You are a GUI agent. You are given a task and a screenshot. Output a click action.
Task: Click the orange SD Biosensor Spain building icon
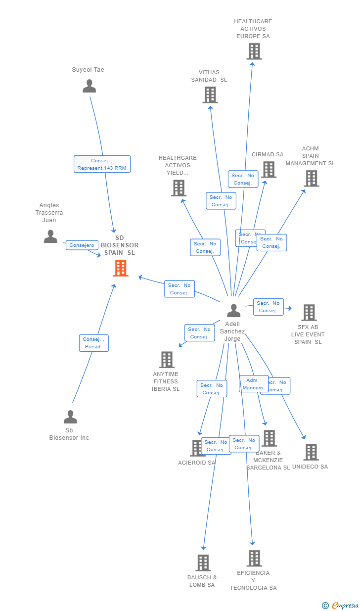[121, 268]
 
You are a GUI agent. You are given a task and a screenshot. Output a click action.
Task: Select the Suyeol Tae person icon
[89, 86]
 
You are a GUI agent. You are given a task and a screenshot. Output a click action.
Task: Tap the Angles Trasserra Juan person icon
[50, 236]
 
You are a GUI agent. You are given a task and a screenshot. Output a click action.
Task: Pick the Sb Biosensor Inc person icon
[70, 417]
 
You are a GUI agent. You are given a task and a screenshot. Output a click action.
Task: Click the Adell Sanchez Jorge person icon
[233, 311]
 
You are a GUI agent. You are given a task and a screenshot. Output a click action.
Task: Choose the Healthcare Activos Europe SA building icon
[254, 51]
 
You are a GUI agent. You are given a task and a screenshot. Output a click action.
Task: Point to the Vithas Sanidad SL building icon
[210, 94]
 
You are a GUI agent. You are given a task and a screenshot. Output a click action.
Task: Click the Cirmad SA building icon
[269, 169]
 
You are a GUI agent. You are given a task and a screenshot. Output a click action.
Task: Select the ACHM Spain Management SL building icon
[311, 178]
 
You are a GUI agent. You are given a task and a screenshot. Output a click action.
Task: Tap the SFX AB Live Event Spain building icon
[309, 313]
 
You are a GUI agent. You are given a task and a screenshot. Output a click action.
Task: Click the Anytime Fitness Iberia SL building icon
[167, 360]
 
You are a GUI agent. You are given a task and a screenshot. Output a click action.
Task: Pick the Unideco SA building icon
[311, 452]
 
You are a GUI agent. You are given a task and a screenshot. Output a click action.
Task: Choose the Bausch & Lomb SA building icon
[203, 563]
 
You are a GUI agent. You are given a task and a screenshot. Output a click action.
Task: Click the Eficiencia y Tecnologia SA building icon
[254, 558]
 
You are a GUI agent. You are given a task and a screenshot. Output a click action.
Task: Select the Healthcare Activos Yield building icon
[179, 188]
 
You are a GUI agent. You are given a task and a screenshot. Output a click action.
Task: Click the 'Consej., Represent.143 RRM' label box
[102, 164]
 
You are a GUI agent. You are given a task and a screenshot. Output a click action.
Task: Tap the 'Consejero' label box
[82, 245]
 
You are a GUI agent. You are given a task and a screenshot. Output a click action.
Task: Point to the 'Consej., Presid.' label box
[93, 343]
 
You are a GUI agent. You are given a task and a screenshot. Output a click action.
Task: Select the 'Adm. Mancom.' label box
[253, 384]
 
